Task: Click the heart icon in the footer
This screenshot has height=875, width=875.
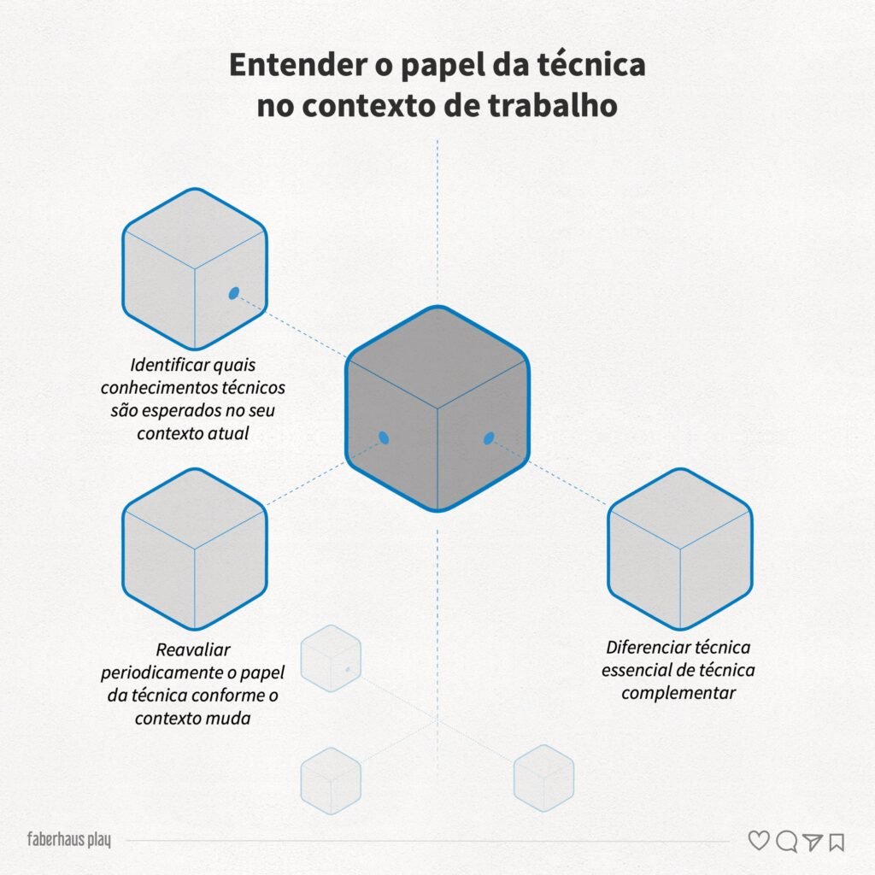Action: tap(758, 841)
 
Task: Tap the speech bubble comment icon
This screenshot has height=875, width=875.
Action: tap(786, 841)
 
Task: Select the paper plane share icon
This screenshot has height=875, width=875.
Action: tap(813, 842)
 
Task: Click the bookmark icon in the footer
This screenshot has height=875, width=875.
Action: tap(837, 842)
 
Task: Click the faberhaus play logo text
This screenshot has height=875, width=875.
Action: tap(69, 840)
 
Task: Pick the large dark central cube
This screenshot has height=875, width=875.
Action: tap(437, 408)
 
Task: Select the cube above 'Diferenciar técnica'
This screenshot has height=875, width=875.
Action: tap(680, 548)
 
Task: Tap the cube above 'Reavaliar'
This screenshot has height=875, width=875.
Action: tap(194, 548)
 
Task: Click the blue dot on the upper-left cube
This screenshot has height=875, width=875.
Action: tap(233, 293)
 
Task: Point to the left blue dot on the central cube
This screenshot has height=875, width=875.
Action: tap(384, 437)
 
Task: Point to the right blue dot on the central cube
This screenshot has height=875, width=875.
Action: tap(489, 438)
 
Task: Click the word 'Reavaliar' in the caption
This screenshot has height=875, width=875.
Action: tap(194, 649)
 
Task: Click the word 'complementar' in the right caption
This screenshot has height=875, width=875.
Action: tap(678, 692)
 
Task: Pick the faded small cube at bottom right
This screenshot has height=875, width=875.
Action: tap(543, 778)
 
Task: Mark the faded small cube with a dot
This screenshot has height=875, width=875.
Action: tap(332, 658)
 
